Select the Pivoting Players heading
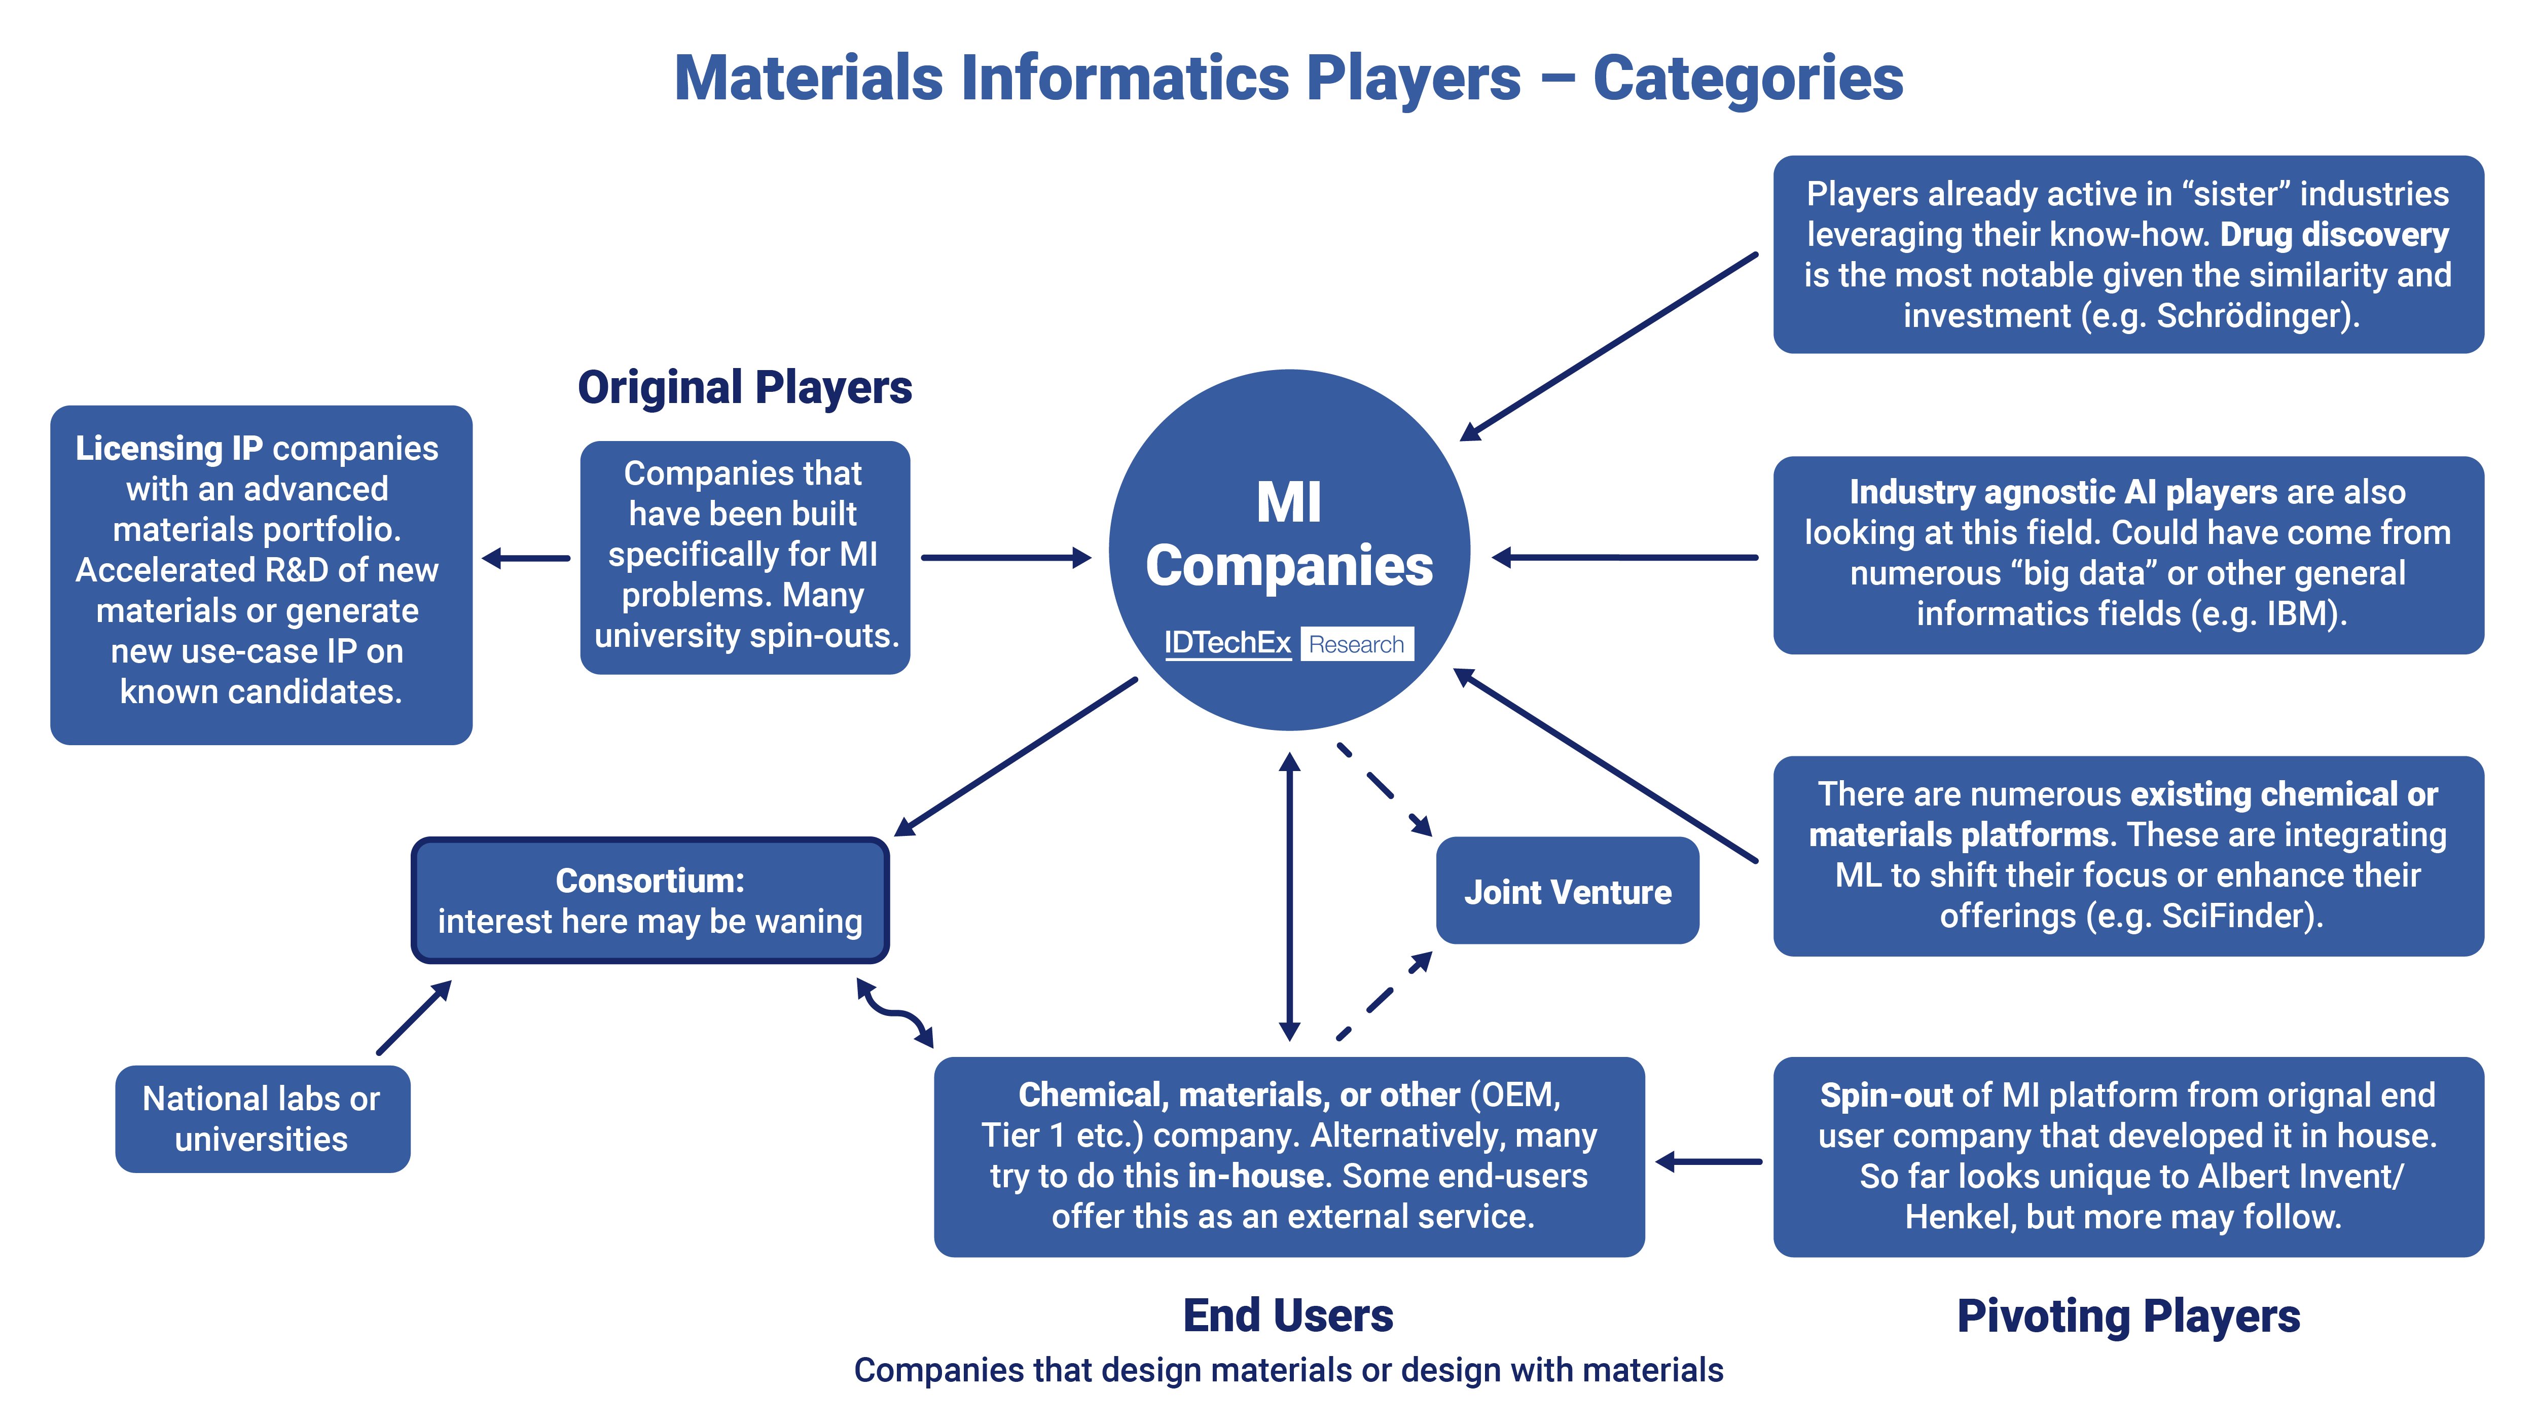tap(2127, 1316)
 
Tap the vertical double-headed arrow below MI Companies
tap(1289, 896)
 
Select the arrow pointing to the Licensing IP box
tap(526, 558)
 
